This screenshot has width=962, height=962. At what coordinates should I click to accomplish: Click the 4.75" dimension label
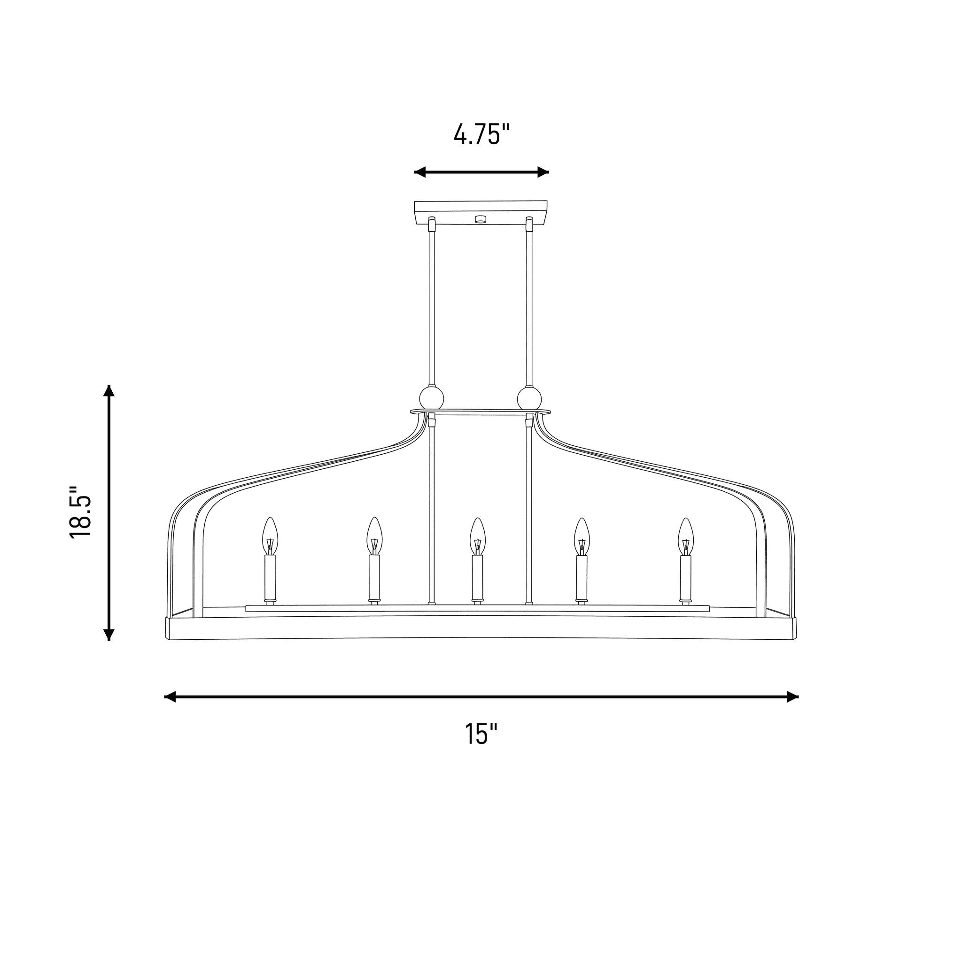(x=481, y=134)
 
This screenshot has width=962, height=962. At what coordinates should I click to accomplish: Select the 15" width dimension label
(x=481, y=734)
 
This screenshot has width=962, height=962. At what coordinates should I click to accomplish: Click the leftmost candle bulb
(x=270, y=536)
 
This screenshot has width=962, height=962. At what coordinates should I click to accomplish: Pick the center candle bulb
(x=477, y=536)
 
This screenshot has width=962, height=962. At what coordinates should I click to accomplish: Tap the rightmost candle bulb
(x=686, y=536)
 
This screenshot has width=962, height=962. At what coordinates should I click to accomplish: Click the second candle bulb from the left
(x=374, y=536)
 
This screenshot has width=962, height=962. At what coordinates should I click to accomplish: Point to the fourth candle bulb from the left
(x=581, y=536)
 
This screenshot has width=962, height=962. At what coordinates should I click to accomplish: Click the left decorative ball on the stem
(x=432, y=398)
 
